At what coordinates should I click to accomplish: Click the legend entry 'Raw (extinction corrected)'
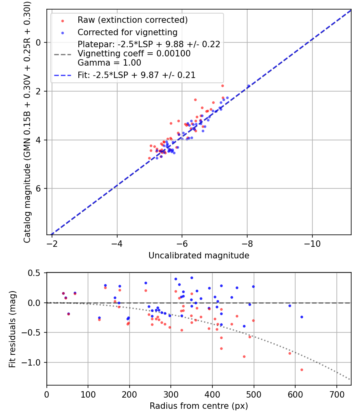pyautogui.click(x=132, y=20)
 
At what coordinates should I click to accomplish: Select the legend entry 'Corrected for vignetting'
pyautogui.click(x=127, y=32)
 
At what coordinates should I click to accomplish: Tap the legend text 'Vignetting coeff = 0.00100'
pyautogui.click(x=134, y=54)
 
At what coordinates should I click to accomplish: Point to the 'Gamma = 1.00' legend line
pyautogui.click(x=109, y=63)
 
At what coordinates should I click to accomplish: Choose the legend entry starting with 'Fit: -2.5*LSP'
pyautogui.click(x=136, y=75)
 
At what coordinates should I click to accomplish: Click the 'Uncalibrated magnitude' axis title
pyautogui.click(x=199, y=256)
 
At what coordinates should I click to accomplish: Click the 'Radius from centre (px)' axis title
pyautogui.click(x=199, y=406)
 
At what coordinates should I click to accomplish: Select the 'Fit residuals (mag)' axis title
pyautogui.click(x=12, y=329)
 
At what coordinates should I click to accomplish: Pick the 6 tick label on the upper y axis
pyautogui.click(x=39, y=189)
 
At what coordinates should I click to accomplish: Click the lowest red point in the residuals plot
pyautogui.click(x=302, y=370)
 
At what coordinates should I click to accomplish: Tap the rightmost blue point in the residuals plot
pyautogui.click(x=302, y=317)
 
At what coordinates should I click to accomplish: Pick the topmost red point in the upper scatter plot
pyautogui.click(x=222, y=86)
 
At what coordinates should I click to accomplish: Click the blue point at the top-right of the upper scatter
pyautogui.click(x=248, y=86)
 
